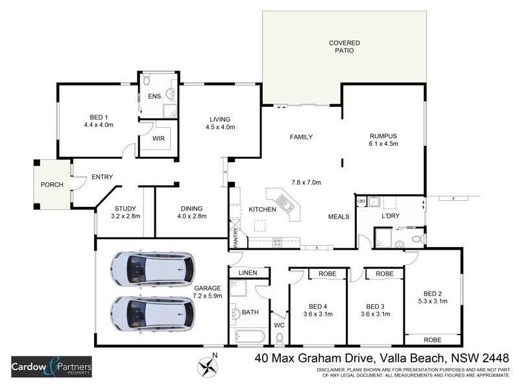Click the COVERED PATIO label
[344, 47]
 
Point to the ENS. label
[154, 97]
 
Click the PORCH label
[52, 185]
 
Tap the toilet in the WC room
[280, 338]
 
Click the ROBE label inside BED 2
[432, 339]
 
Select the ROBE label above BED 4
[328, 274]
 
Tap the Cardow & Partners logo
[52, 368]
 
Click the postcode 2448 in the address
[494, 358]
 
